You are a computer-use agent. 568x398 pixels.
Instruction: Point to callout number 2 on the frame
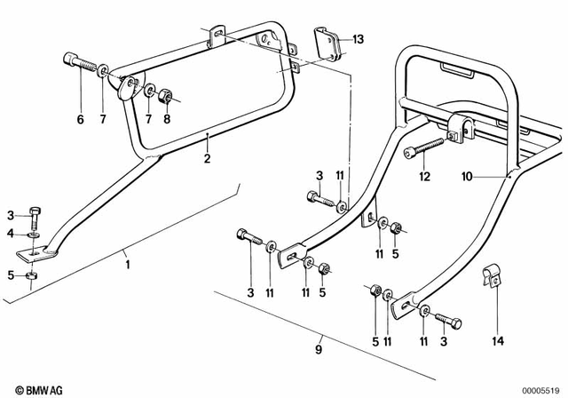click(x=206, y=159)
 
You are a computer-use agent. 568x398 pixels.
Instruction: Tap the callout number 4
click(x=12, y=233)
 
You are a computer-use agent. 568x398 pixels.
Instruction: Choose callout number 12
click(x=425, y=176)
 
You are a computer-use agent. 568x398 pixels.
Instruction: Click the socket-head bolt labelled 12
click(x=424, y=147)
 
